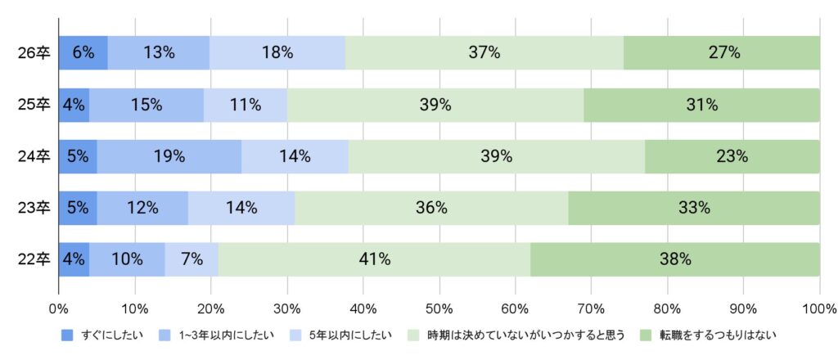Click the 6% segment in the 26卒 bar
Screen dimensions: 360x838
pos(83,53)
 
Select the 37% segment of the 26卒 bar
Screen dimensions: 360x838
pos(484,53)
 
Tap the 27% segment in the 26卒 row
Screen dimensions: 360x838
pos(722,53)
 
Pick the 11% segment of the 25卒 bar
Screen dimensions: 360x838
pos(245,105)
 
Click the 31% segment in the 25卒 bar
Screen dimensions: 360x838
pos(701,105)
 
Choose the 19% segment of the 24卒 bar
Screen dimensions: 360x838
pos(169,156)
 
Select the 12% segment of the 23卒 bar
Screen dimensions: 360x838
pos(142,208)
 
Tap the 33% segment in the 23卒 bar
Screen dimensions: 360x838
pos(693,208)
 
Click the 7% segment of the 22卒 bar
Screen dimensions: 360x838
pos(191,259)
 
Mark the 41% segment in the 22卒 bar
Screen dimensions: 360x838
pos(374,259)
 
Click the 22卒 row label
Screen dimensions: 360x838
pos(34,259)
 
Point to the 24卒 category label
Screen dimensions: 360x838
pos(34,156)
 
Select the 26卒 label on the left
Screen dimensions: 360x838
pos(34,53)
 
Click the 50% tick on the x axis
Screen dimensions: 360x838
pos(439,309)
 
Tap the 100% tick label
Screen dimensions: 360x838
pos(818,309)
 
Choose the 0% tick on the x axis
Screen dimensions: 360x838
pos(58,309)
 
